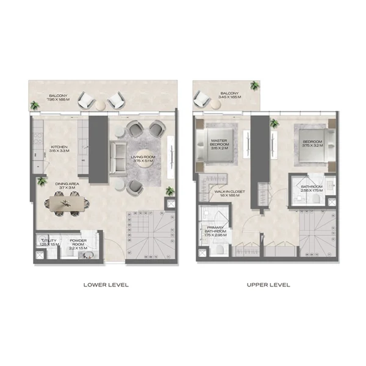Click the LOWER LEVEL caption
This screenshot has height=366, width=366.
click(107, 285)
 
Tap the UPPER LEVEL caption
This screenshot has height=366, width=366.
click(268, 285)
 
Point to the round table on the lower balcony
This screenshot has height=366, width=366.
click(100, 105)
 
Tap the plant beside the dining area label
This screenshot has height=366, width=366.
click(41, 181)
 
